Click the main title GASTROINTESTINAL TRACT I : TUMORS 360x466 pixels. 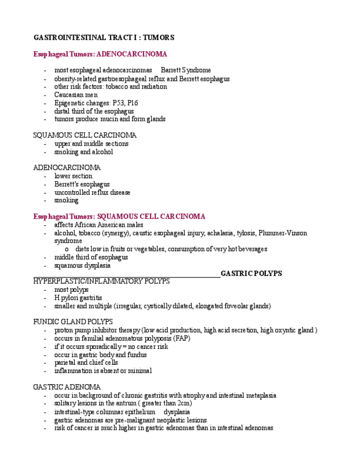point(104,38)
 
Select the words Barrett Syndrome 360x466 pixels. point(186,70)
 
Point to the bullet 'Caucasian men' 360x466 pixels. point(76,95)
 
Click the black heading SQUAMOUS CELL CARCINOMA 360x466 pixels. point(85,135)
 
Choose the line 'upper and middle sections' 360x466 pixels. point(91,143)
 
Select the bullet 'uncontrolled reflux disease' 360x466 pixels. point(92,192)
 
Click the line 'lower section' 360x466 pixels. point(73,176)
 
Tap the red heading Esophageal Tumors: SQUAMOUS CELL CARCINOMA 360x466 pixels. point(119,217)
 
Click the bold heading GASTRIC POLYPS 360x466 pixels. point(251,273)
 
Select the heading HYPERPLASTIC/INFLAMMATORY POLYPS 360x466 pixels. point(102,281)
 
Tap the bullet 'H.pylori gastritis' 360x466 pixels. point(78,298)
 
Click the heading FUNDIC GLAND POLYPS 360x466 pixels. point(73,321)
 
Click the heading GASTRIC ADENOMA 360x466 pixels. point(67,387)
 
